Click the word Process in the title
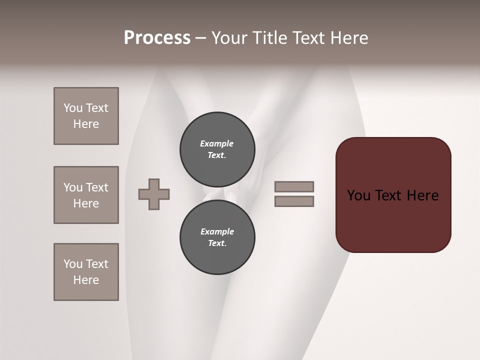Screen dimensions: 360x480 pos(157,38)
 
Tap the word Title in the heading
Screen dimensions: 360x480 pos(268,38)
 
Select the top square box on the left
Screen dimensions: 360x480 pos(86,116)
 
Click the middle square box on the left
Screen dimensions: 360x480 pos(86,195)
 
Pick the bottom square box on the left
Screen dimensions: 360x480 pos(86,272)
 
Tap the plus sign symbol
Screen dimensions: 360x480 pos(154,194)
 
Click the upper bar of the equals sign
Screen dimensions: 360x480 pos(294,186)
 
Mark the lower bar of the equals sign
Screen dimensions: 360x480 pos(294,201)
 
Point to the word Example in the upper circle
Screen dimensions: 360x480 pos(217,143)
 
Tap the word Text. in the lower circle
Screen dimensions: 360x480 pos(217,243)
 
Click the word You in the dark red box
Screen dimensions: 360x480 pos(359,195)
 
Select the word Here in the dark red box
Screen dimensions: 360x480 pos(422,195)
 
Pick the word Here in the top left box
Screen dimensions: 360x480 pos(86,124)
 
